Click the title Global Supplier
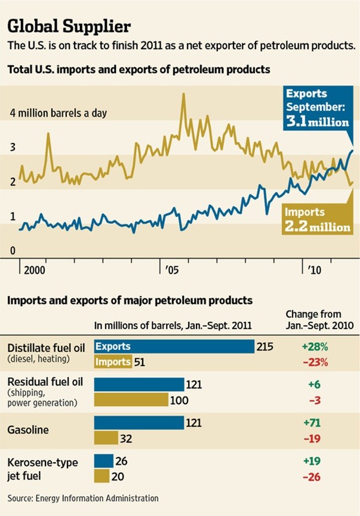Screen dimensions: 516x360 pos(68,27)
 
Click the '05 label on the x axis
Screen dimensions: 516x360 pos(171,270)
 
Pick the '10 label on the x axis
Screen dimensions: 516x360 pos(315,270)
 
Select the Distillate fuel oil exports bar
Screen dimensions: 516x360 pos(174,346)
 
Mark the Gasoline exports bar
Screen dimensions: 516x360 pos(139,423)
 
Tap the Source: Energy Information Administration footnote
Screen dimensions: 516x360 pos(83,497)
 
